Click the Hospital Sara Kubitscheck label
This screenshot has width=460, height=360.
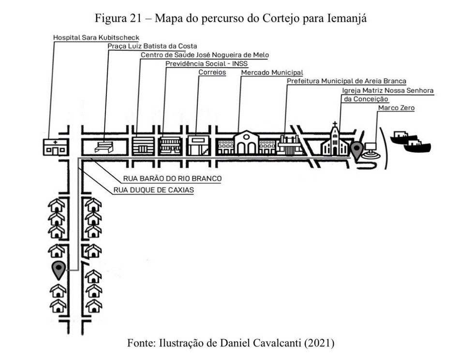point(96,37)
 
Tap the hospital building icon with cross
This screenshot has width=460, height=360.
point(55,147)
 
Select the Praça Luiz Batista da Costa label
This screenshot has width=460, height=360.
point(152,46)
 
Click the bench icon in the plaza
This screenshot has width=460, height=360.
point(104,147)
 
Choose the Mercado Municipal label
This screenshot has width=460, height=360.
point(272,73)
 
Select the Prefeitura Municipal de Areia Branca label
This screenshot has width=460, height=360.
point(346,81)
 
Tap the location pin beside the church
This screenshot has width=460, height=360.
point(357,150)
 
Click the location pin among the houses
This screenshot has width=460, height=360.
point(59,270)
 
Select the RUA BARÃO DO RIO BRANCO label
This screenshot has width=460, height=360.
point(172,179)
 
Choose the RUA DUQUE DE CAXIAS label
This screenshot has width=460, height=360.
point(154,190)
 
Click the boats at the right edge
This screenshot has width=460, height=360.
point(410,141)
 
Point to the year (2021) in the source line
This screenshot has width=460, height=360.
point(319,344)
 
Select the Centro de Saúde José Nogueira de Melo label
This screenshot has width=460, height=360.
point(205,55)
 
